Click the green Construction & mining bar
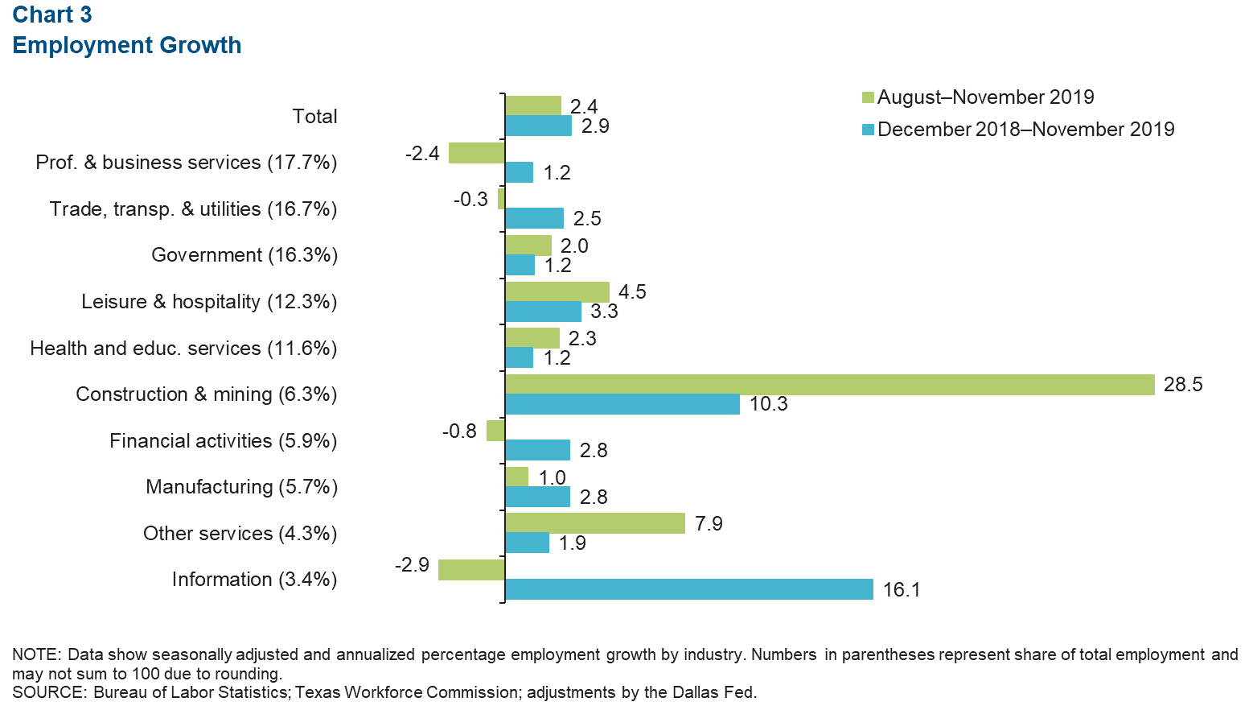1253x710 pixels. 830,385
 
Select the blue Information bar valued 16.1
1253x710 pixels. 689,589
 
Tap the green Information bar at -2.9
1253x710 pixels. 471,570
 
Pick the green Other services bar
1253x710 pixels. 595,523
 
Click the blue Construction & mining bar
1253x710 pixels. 622,404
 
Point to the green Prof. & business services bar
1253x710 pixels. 477,153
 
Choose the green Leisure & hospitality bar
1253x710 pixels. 557,291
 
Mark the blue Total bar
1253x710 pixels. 539,126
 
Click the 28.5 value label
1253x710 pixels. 1183,385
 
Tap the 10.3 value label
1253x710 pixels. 768,404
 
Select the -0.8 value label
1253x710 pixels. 459,431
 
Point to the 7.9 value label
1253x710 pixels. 709,524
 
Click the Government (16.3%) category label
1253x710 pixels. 244,255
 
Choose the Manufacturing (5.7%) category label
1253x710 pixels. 241,487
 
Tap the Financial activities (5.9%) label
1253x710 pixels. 223,441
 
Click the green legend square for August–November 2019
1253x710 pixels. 868,97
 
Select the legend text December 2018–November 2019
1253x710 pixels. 1025,130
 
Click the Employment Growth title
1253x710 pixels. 127,45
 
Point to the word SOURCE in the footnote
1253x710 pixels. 47,692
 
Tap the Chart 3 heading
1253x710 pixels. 52,14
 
